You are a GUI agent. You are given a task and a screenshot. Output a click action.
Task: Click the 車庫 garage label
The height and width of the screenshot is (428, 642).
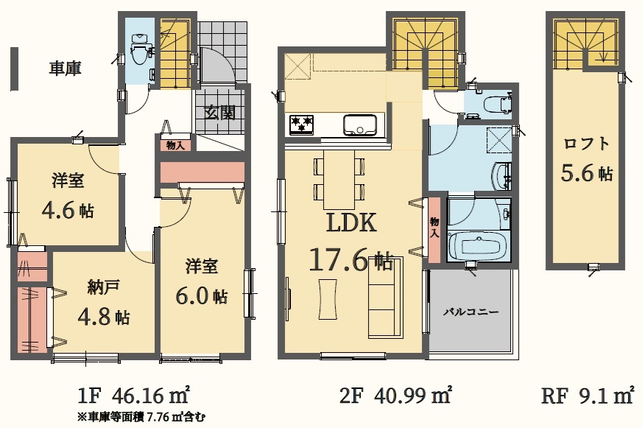click(65, 68)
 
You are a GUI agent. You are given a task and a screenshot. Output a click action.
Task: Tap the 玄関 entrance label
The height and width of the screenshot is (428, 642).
click(220, 113)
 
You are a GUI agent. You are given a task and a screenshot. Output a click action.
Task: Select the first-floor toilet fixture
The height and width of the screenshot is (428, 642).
click(138, 49)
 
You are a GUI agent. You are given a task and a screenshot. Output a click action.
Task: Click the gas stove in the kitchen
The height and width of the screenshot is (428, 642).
click(301, 124)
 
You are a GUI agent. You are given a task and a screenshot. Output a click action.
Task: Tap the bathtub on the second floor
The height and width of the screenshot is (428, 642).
click(478, 247)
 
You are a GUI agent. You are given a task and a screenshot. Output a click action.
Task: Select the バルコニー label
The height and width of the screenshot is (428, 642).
click(471, 312)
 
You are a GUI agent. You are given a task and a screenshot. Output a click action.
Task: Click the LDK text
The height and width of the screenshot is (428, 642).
click(351, 223)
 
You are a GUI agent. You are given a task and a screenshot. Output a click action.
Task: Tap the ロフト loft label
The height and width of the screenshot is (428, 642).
click(587, 144)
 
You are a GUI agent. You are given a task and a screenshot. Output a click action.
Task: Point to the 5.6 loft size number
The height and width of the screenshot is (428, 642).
click(577, 172)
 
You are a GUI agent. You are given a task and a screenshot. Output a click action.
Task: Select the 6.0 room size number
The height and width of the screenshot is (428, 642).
click(192, 295)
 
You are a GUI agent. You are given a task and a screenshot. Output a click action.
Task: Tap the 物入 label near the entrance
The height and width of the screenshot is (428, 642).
click(176, 145)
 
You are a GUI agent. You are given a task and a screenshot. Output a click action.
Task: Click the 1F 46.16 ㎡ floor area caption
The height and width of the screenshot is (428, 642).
click(133, 396)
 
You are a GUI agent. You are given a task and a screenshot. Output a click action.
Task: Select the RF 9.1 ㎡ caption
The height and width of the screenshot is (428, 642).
click(588, 396)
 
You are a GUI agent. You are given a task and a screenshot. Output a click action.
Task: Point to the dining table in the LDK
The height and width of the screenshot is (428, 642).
click(339, 180)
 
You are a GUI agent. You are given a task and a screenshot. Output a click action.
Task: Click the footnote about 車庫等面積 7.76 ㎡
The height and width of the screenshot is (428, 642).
click(141, 418)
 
